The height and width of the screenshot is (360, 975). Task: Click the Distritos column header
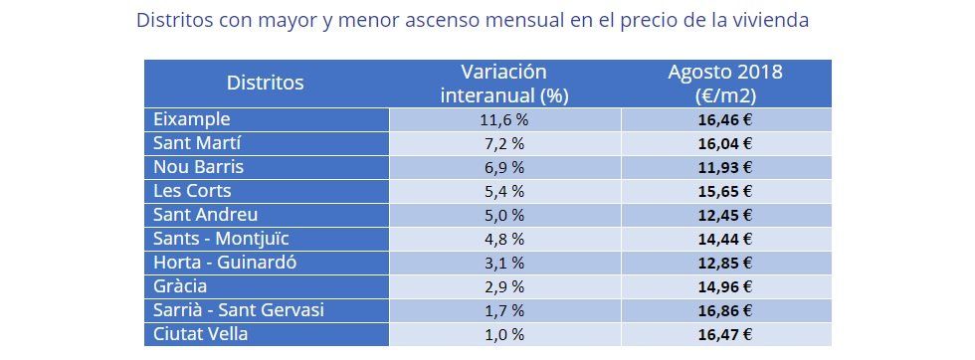tap(265, 84)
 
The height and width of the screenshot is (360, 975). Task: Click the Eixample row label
tap(192, 119)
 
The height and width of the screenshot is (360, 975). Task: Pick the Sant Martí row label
tap(197, 143)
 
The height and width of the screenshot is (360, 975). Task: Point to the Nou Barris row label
tap(198, 167)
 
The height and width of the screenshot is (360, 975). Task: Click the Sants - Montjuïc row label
tap(221, 239)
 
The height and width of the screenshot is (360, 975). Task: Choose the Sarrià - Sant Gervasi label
tap(239, 310)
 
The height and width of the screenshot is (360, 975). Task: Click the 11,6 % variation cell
tap(503, 119)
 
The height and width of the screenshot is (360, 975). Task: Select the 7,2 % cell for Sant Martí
tap(503, 143)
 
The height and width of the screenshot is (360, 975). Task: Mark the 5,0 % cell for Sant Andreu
tap(503, 215)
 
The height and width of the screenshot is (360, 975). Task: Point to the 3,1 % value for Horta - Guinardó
tap(503, 263)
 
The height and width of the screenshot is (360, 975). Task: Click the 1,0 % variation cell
tap(503, 334)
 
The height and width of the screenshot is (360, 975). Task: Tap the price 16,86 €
tap(725, 310)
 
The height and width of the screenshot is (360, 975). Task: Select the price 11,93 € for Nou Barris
tap(725, 167)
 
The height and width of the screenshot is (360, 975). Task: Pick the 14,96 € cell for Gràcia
tap(725, 286)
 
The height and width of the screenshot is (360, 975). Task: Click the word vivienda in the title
tap(769, 21)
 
